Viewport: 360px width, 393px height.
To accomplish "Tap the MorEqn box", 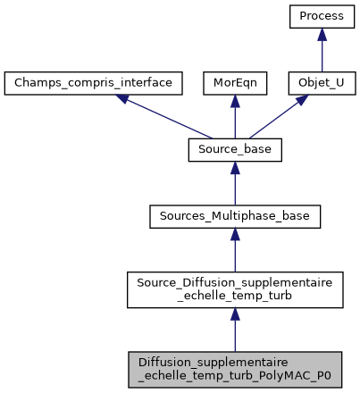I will click(x=234, y=83).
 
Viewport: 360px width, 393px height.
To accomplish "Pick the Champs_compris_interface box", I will click(x=94, y=83).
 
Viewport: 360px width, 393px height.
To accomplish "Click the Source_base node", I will click(x=235, y=150).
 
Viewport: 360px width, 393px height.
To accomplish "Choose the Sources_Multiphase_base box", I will click(x=235, y=217).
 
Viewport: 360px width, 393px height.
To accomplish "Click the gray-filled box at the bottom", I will click(x=235, y=368).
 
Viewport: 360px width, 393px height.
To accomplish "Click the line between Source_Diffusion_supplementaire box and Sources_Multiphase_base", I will click(x=235, y=253).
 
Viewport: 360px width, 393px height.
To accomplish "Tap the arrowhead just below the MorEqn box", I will click(x=234, y=102).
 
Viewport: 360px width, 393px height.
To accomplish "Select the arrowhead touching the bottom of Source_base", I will click(x=235, y=169).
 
